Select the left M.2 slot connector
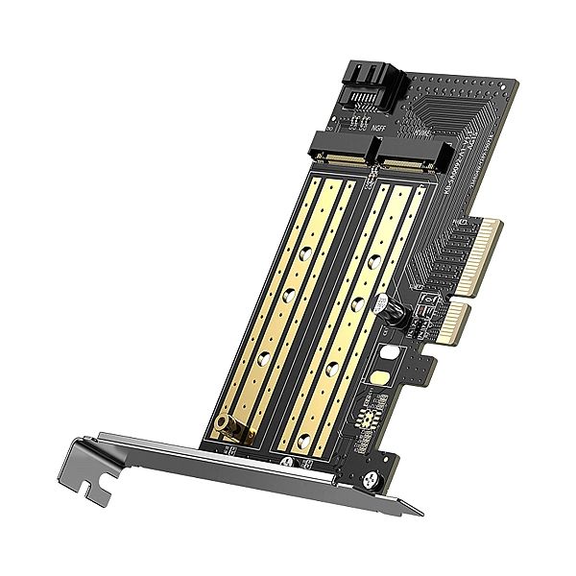342,151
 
